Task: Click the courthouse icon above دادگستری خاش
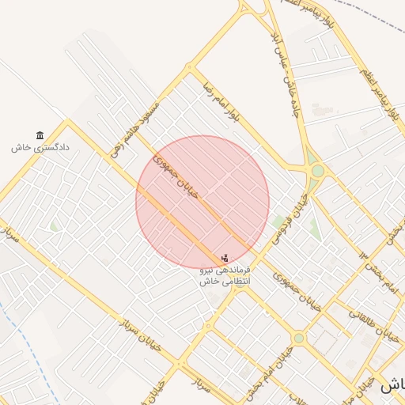point(40,135)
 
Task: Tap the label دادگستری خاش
point(40,147)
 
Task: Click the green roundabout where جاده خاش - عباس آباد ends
point(317,171)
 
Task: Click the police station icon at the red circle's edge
point(225,257)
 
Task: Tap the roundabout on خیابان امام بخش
point(298,339)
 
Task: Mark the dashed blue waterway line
point(32,348)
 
